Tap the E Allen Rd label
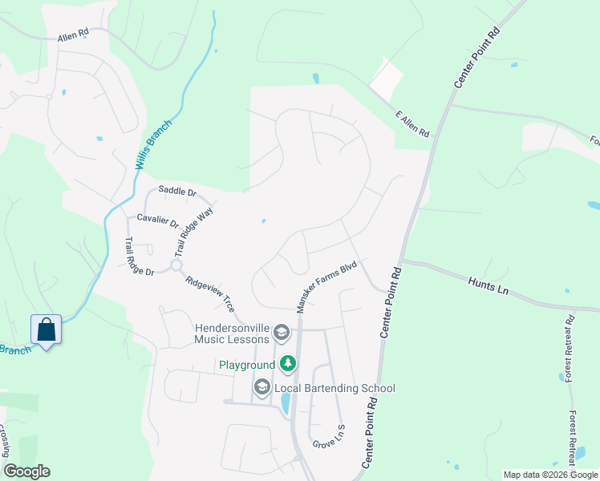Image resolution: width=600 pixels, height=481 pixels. pos(413,123)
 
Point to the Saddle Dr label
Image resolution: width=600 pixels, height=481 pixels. pos(177,191)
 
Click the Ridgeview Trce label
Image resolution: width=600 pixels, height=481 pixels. pos(209,294)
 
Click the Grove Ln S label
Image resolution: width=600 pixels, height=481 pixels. pos(329,437)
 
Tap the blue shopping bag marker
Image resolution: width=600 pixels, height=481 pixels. pos(46,329)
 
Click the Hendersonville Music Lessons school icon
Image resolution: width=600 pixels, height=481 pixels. pos(282,332)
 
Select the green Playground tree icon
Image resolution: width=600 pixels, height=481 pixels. pos(288,365)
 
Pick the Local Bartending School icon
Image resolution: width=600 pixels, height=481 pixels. pos(261,389)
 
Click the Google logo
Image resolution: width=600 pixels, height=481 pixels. pos(26,471)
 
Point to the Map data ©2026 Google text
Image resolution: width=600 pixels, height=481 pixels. pos(550,475)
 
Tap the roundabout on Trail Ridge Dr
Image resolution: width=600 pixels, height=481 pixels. pos(176,265)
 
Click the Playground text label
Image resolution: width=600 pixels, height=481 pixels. pos(248,365)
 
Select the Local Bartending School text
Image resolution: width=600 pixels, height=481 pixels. pos(334,389)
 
